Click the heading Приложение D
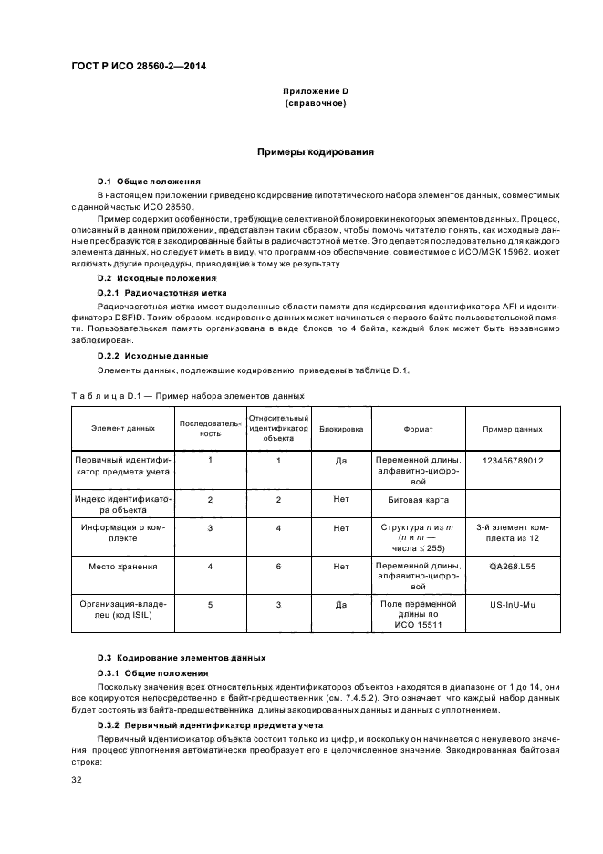(315, 92)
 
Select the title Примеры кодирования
(315, 151)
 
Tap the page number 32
(78, 780)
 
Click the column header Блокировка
(341, 429)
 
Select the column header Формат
(418, 429)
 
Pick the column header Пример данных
(514, 429)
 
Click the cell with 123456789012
(514, 461)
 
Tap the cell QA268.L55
(514, 566)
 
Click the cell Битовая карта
(418, 501)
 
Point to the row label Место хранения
(123, 566)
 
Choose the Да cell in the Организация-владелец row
(341, 604)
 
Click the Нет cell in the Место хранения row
(341, 566)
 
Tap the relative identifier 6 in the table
(278, 566)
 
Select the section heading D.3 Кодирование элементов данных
(182, 657)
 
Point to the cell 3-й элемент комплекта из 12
(514, 533)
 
